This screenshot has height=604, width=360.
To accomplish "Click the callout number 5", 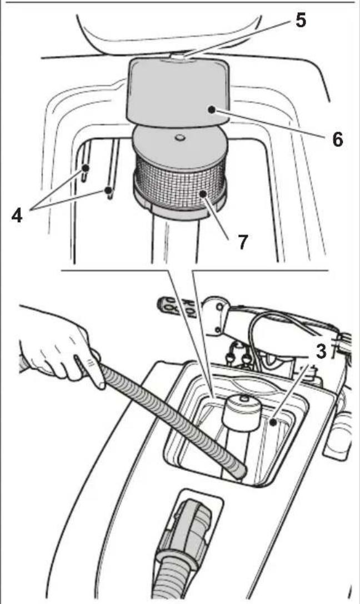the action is click(301, 20).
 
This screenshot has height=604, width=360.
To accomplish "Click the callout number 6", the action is click(337, 139).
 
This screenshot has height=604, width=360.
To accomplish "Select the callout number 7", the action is click(243, 242).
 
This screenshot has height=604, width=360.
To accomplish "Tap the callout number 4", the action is click(17, 216).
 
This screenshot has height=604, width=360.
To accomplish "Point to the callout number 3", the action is click(321, 351).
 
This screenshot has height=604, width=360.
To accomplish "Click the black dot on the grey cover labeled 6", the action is click(211, 109).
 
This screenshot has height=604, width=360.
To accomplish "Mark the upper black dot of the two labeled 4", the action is click(86, 168).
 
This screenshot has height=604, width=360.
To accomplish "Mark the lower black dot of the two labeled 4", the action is click(109, 189).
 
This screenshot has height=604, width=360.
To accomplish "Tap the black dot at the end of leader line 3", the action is click(273, 423).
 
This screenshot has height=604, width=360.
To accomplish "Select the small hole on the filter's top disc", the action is click(179, 137).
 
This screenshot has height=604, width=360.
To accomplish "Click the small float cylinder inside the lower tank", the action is click(243, 414).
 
